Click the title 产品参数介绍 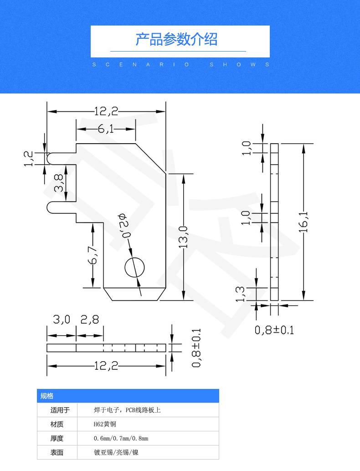click(x=176, y=39)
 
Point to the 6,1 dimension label click(x=106, y=129)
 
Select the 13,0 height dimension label click(x=183, y=237)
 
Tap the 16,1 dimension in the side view click(x=303, y=222)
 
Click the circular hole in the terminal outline click(x=134, y=267)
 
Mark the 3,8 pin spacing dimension click(x=59, y=183)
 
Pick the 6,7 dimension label click(x=93, y=255)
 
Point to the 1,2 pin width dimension click(x=28, y=159)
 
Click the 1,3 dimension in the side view click(x=241, y=294)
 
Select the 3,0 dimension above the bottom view click(x=62, y=319)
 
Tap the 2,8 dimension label click(x=90, y=319)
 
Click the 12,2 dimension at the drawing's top click(x=106, y=111)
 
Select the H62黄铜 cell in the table click(x=105, y=424)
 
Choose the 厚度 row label click(x=57, y=438)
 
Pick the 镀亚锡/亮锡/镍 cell click(x=116, y=452)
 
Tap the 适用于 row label click(x=60, y=410)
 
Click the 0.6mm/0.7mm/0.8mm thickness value click(x=121, y=439)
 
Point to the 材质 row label click(x=57, y=424)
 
